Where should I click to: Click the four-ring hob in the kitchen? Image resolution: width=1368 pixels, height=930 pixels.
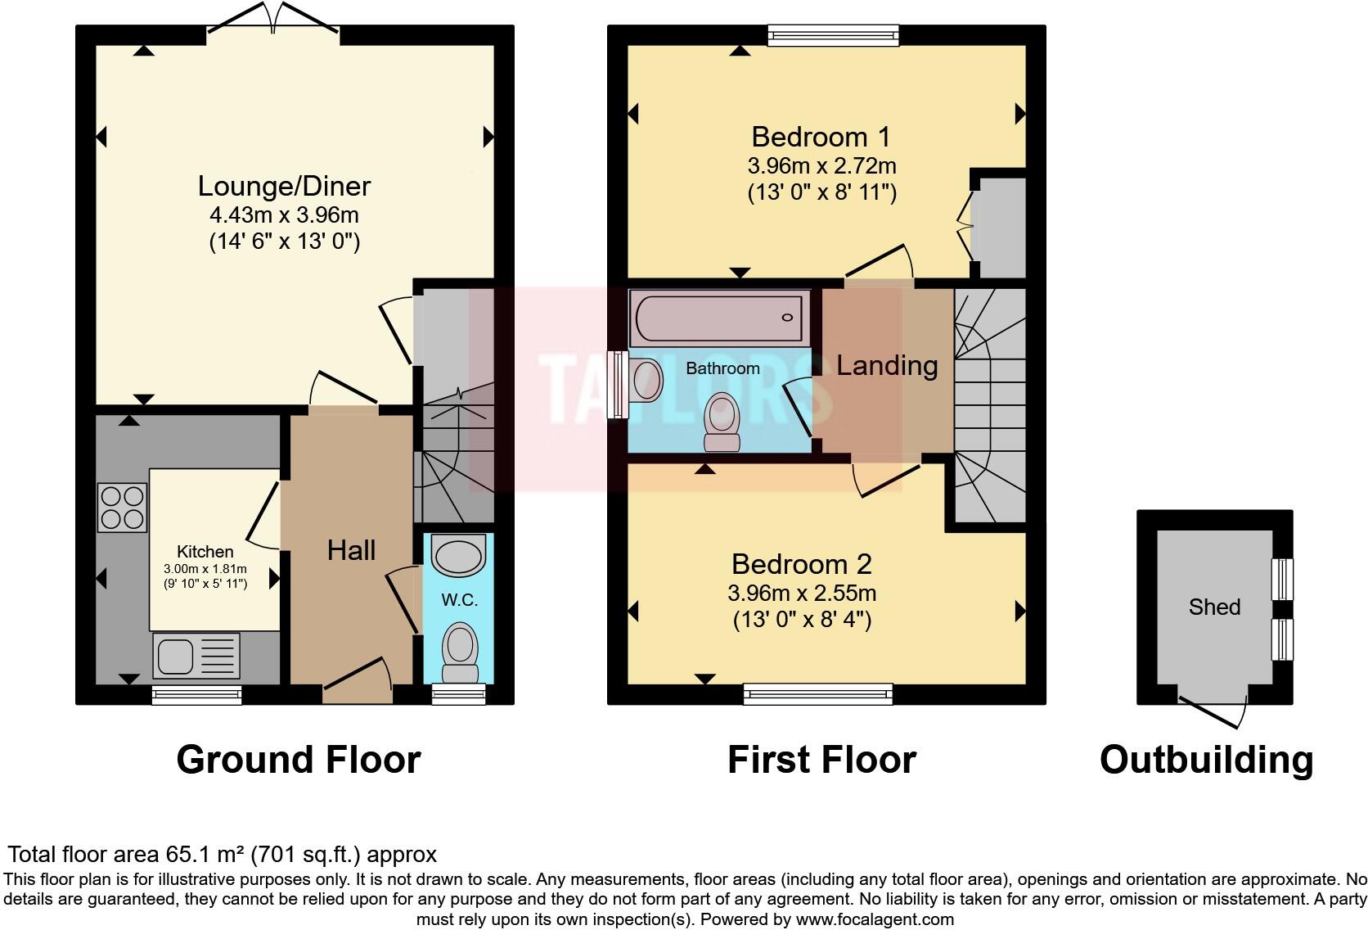pos(123,508)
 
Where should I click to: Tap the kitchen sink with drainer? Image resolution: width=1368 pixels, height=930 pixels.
pos(196,656)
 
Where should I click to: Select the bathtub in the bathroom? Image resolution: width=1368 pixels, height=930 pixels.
pos(719,318)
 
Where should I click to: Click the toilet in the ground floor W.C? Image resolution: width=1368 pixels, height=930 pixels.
pos(460,652)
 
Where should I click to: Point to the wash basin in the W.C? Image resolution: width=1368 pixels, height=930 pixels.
pos(458,555)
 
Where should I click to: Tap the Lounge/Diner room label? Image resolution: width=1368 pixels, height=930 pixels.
pos(284,187)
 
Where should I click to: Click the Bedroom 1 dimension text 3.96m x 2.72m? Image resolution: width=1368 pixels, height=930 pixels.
pos(821,165)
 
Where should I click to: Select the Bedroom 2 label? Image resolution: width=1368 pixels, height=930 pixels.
pos(801,564)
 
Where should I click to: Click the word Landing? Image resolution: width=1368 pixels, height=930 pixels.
pos(887,365)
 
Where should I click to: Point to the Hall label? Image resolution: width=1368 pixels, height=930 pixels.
pos(351,550)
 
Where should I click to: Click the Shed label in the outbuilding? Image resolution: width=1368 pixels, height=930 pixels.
pos(1214,607)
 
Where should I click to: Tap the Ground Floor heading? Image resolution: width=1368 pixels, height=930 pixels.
pos(299,760)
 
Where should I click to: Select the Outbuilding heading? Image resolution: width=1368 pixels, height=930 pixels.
pos(1207,760)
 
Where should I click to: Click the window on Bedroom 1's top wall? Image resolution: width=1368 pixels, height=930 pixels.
pos(834,35)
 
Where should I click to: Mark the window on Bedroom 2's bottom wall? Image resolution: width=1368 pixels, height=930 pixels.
pos(817,694)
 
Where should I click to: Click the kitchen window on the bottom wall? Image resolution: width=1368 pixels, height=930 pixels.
pos(196,695)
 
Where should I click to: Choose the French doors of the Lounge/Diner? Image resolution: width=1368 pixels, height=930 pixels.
pos(273,18)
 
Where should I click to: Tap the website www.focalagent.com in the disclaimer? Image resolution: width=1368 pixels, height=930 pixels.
pos(875,919)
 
